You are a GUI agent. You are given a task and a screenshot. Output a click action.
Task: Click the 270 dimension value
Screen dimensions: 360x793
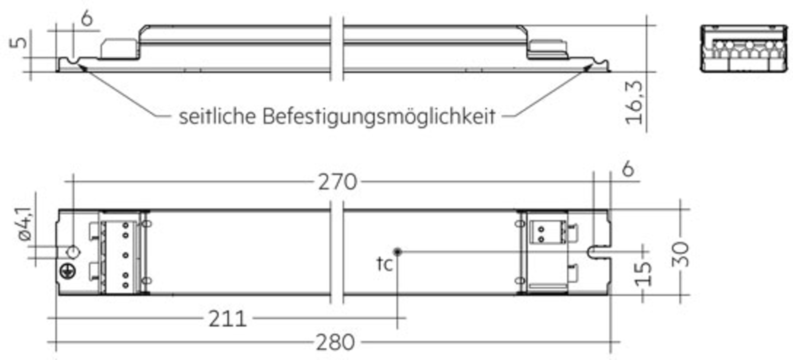coord(337,182)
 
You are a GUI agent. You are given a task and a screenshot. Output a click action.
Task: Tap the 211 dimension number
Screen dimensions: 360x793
coord(228,319)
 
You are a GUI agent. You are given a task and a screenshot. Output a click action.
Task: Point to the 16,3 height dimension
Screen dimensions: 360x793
coord(634,103)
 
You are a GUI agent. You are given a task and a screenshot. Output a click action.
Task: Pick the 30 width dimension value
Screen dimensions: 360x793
coord(680,254)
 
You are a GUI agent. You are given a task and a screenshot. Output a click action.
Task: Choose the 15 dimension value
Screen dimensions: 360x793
coord(643,274)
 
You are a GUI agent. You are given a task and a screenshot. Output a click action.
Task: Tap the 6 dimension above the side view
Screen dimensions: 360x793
coord(87,18)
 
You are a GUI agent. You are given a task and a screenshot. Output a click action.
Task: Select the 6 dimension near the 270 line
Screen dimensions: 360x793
coord(628,169)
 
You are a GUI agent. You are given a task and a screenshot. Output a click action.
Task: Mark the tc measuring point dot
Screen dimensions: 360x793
coord(397,252)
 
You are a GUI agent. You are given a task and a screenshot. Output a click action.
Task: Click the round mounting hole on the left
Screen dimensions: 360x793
coord(73,252)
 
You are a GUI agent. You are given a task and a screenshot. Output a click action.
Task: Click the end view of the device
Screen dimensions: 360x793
coord(744,49)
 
